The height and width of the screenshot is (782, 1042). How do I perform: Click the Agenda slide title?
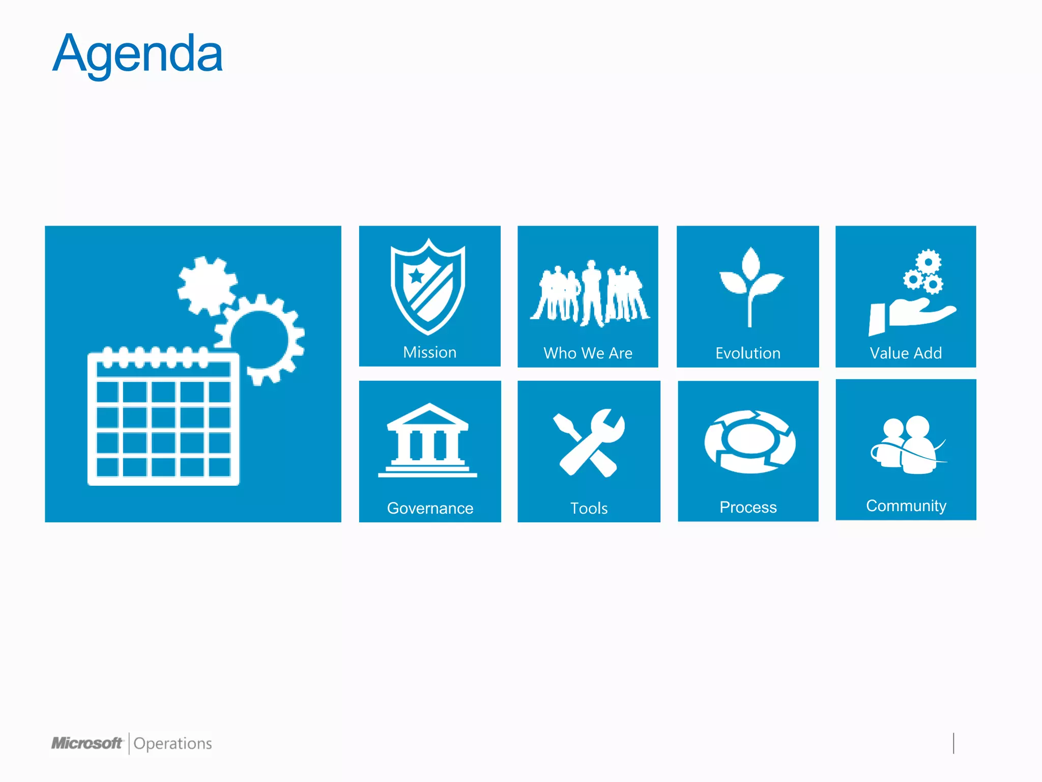click(137, 54)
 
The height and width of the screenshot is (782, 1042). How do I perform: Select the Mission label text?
click(429, 352)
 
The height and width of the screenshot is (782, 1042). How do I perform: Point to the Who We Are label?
click(588, 353)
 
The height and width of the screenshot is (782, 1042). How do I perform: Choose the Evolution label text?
click(747, 353)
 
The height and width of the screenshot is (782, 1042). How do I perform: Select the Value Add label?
click(906, 353)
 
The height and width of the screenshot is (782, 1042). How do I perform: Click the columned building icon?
click(428, 441)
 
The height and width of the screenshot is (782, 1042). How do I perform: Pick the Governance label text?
click(430, 508)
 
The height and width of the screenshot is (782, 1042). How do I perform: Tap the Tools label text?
click(589, 508)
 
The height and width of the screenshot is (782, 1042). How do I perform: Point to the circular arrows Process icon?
click(750, 442)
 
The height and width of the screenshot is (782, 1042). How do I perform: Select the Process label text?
click(748, 507)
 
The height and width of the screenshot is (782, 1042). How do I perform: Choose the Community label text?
click(906, 506)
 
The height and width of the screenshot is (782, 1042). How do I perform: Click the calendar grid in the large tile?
click(163, 417)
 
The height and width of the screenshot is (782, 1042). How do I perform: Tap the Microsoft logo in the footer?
click(87, 743)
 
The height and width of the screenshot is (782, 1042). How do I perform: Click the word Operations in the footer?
click(172, 744)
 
